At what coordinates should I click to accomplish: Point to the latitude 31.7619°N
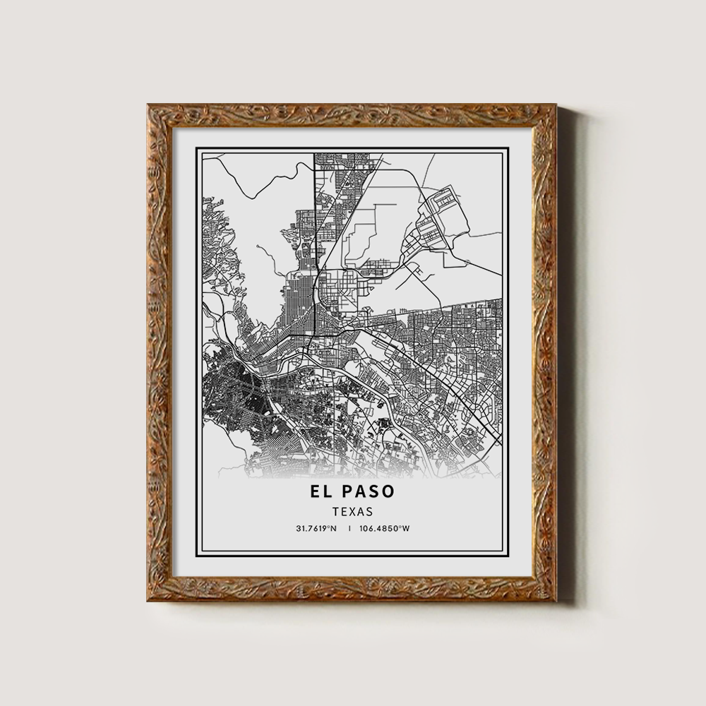coord(317,528)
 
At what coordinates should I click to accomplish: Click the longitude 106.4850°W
coord(384,528)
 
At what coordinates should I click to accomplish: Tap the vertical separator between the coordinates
coord(349,528)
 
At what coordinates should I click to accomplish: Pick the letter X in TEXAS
coord(351,511)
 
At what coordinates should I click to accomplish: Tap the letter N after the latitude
coord(334,528)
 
